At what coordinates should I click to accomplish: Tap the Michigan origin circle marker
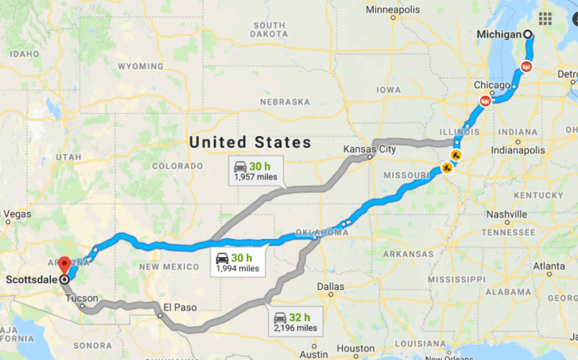pos(528,35)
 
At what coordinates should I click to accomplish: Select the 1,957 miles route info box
pos(255,171)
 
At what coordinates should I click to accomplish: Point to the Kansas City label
pos(369,149)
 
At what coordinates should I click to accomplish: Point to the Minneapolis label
pos(397,9)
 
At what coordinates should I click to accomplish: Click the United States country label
pos(249,142)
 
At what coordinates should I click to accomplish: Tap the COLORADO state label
pos(177,166)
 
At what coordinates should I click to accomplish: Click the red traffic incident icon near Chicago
pos(486,101)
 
